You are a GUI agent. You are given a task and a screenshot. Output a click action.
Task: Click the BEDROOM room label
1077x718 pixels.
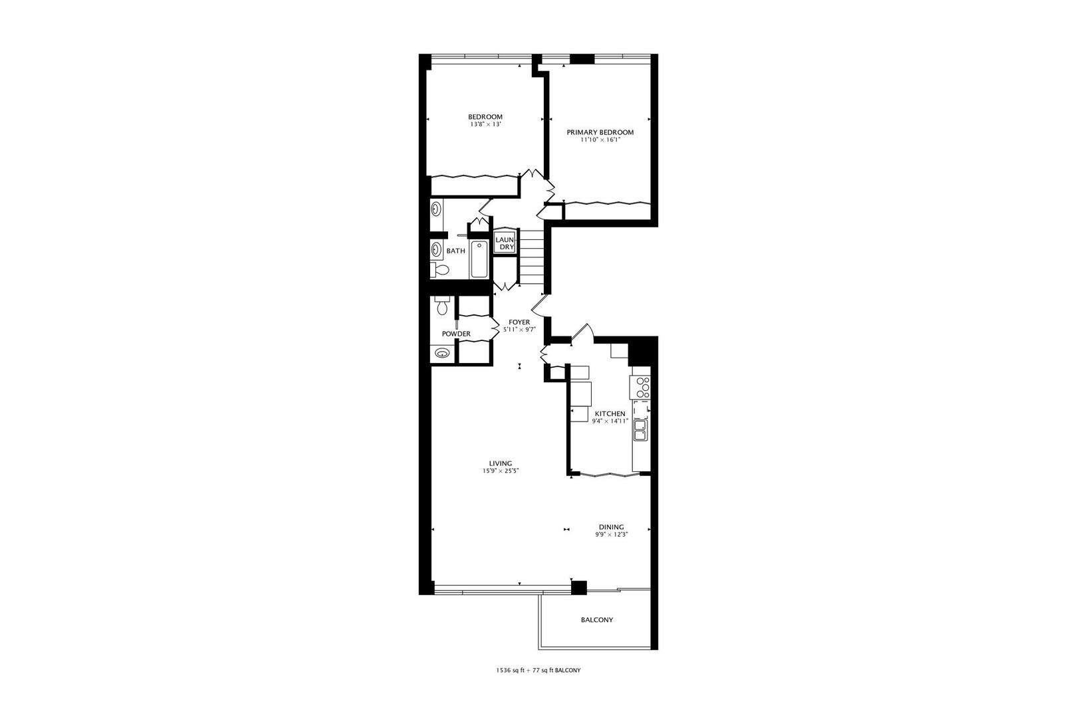(485, 117)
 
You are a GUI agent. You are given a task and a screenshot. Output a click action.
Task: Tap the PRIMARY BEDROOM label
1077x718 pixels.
(600, 132)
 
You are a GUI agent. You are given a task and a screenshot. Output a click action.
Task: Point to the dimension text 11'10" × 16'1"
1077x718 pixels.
(600, 140)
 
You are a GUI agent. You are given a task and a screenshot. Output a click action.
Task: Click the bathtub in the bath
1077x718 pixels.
(479, 259)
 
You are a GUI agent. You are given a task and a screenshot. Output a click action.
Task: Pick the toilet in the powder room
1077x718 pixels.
(441, 307)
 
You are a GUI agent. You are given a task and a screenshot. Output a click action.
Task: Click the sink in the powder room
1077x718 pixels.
(441, 354)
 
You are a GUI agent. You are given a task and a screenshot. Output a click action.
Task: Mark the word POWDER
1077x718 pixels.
(456, 334)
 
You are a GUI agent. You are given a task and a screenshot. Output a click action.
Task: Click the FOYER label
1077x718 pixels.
(519, 322)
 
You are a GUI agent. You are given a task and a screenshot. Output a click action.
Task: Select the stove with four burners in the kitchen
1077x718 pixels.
(642, 387)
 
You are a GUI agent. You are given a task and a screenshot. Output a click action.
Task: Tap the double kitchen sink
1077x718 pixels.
(640, 430)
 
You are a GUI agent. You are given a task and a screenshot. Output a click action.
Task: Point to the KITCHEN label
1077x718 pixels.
(610, 414)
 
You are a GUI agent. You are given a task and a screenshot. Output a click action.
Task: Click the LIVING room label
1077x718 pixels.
(500, 463)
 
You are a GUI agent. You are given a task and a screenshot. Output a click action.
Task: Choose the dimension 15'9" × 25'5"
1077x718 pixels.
(500, 471)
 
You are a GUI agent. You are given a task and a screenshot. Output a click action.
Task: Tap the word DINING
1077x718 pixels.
(611, 527)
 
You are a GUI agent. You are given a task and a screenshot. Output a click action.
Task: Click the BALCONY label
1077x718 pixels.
(597, 620)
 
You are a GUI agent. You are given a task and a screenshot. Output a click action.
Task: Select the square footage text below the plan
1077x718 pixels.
(538, 670)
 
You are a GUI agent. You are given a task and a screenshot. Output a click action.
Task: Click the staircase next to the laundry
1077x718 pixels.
(532, 256)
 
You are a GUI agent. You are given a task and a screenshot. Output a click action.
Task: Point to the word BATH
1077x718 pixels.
(455, 251)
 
